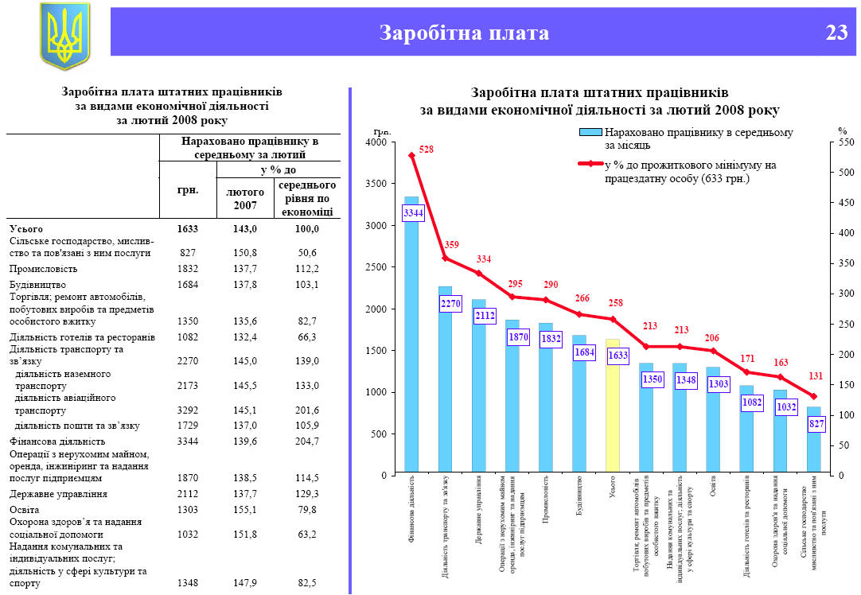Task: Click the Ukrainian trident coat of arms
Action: point(64,35)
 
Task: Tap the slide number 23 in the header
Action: point(836,33)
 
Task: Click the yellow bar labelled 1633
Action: point(612,414)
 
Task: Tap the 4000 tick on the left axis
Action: point(375,142)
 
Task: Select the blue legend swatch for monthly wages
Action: point(590,133)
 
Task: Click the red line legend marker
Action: point(590,165)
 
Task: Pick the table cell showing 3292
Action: point(188,410)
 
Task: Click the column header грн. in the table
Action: point(188,190)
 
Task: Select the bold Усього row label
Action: point(26,228)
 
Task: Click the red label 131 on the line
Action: point(816,377)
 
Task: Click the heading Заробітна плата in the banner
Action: point(464,33)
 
